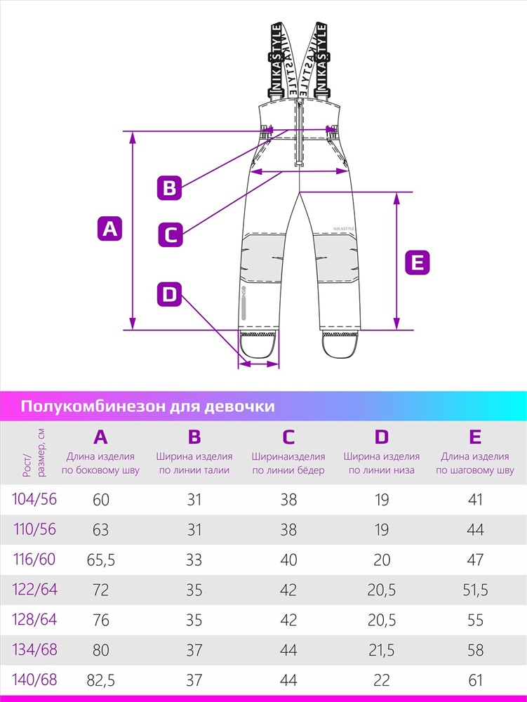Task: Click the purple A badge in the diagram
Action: coord(109,229)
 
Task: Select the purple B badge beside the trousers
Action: coord(170,187)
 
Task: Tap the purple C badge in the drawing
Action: coord(171,234)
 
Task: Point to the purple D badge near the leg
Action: coord(169,295)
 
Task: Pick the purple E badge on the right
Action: coord(417,262)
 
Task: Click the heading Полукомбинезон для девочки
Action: coord(147,406)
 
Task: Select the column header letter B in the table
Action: coord(194,437)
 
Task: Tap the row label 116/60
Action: coord(34,559)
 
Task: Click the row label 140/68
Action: coord(34,680)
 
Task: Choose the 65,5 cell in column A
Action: coord(100,560)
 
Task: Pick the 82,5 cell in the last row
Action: coord(100,680)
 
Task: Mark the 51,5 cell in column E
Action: coord(475,590)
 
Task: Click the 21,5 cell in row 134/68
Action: coord(382,650)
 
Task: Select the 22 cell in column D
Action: coord(382,680)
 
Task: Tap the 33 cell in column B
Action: coord(194,560)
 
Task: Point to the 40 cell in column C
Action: coord(288,560)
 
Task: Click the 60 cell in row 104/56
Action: coord(100,500)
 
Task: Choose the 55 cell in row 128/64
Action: coord(475,620)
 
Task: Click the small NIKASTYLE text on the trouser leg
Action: coord(344,229)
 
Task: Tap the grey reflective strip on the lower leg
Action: coord(244,307)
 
